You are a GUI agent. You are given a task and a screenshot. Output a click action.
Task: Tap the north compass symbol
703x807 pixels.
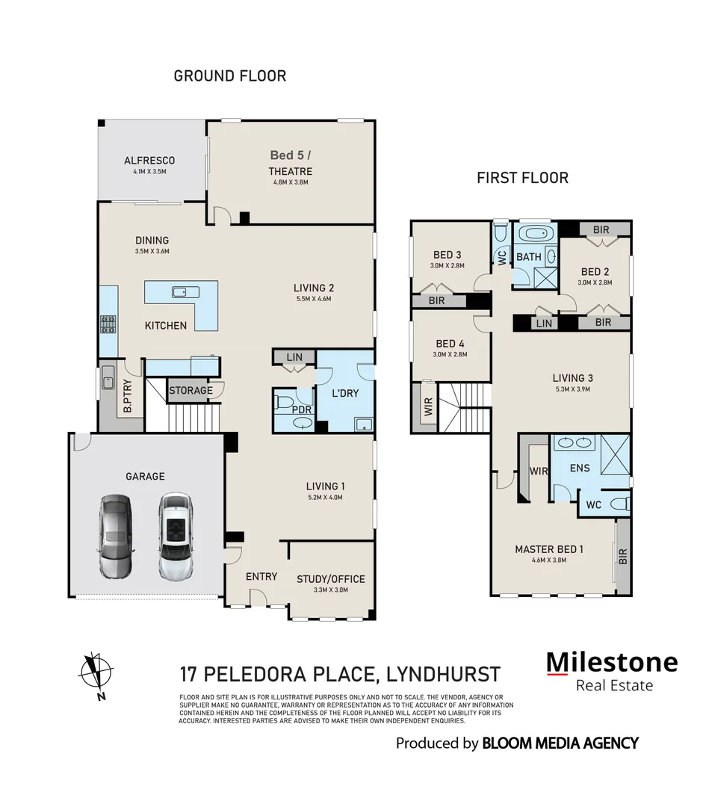click(x=96, y=670)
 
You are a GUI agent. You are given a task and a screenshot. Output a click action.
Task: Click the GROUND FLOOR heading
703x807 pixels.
click(x=229, y=76)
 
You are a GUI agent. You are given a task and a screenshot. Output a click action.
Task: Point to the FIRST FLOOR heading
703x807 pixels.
click(x=522, y=178)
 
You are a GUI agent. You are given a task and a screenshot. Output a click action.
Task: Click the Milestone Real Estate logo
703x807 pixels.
click(x=612, y=671)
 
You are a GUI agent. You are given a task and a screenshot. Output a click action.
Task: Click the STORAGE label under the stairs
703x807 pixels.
click(x=191, y=390)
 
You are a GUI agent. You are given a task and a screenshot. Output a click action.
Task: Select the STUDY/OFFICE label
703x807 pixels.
click(x=330, y=579)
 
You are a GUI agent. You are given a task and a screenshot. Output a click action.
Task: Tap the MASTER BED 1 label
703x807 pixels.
click(x=549, y=549)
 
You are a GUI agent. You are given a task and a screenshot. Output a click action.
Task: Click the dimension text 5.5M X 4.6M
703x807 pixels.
click(x=314, y=299)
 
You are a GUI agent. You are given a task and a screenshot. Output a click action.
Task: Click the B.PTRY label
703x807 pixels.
click(x=128, y=396)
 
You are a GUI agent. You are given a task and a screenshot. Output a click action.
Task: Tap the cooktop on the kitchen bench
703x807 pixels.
click(x=108, y=324)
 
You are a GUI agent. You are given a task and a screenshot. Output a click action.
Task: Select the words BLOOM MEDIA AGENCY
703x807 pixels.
click(x=560, y=743)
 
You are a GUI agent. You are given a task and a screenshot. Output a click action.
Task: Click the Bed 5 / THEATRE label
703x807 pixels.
click(x=290, y=164)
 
